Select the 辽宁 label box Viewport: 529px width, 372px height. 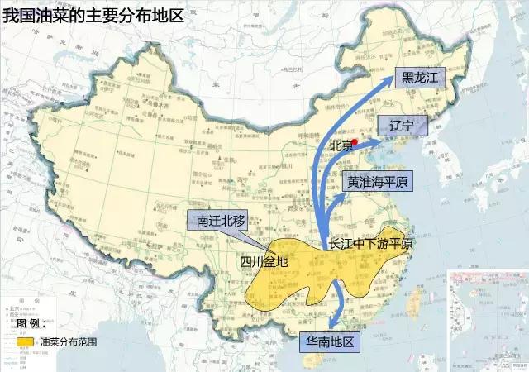[407, 126]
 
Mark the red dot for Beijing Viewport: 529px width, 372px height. [354, 143]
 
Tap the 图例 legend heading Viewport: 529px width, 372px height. [38, 322]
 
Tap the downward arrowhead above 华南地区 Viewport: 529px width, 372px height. [331, 325]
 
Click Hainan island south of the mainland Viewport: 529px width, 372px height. [313, 361]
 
